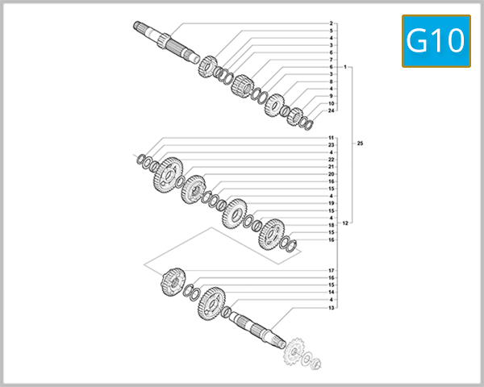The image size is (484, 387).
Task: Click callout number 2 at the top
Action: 332,23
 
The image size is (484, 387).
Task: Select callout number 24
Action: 332,110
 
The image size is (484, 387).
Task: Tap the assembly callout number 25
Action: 361,144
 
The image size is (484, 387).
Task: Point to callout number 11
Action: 332,138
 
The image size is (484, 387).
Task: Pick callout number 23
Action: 332,145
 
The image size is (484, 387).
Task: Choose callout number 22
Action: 332,160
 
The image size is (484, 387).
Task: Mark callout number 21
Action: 332,167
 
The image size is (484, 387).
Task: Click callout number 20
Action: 332,174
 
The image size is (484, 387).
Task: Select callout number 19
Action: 332,203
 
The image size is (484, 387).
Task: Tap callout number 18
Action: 332,225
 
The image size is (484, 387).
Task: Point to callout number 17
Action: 332,270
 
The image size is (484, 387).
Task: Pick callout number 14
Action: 332,292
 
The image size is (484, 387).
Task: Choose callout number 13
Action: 332,308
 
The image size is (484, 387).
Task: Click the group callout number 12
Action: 346,223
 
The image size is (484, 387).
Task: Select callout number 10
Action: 332,103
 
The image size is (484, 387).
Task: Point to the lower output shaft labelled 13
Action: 258,327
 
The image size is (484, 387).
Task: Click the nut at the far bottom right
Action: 316,364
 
